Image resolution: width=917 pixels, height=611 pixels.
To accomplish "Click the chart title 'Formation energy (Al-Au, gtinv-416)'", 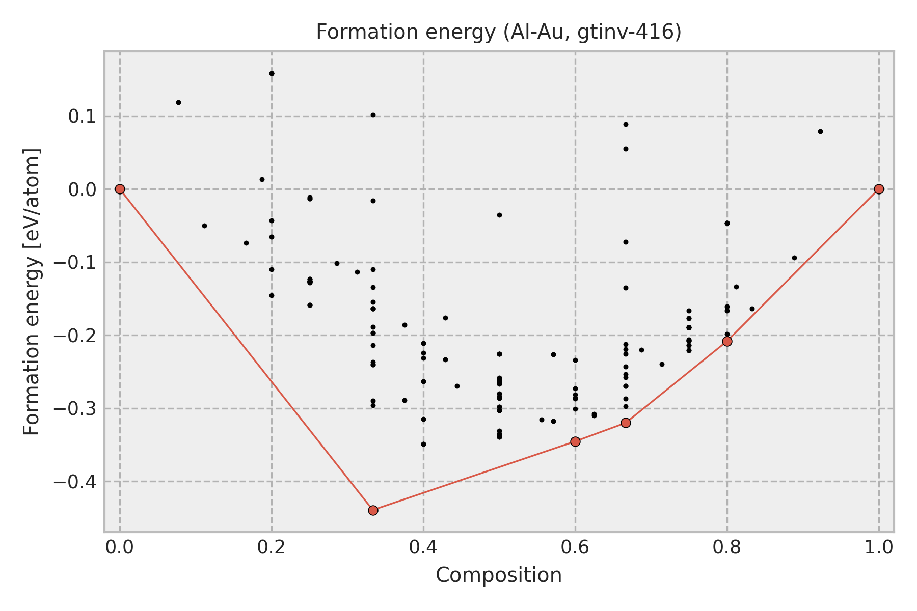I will click(499, 32).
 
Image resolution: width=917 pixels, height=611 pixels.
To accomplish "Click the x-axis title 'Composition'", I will click(499, 575).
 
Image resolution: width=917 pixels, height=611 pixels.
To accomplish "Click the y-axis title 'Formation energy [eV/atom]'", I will click(32, 292).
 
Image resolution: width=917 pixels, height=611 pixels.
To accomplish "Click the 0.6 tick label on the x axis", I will click(575, 547).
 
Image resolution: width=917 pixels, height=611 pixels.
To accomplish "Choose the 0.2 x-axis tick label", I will click(272, 547).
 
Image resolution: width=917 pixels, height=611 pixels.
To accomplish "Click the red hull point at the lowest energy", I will click(373, 510).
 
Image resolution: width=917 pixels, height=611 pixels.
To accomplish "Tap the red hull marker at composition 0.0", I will click(120, 189).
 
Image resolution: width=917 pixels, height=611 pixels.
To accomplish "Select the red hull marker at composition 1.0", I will click(879, 189).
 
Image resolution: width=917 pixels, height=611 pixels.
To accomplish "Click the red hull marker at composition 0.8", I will click(727, 341).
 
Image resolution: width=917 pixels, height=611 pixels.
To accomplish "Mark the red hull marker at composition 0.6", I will click(575, 441).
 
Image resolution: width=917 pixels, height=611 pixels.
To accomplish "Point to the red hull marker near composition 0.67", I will click(626, 423).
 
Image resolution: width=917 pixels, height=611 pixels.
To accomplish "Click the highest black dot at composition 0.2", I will click(272, 73).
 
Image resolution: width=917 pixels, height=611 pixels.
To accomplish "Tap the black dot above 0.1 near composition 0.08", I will click(178, 102).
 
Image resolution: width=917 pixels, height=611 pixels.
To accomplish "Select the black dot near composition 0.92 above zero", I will click(820, 131).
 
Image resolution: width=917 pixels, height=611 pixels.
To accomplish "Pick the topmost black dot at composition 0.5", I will click(499, 215).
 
